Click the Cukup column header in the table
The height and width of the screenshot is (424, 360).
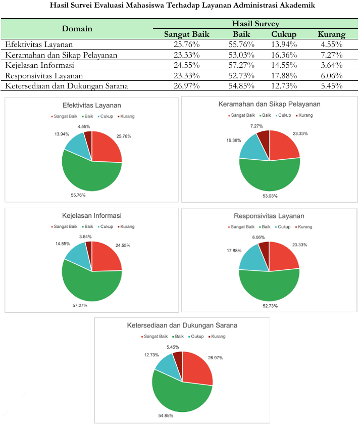(284, 34)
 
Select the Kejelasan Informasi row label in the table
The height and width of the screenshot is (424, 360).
(40, 65)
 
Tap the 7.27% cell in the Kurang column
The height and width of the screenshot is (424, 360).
(331, 55)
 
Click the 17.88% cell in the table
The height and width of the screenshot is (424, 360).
(284, 76)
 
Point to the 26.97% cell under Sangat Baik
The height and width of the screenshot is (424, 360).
(186, 86)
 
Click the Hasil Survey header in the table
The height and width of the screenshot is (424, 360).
(255, 24)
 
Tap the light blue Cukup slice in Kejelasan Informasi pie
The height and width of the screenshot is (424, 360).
(77, 254)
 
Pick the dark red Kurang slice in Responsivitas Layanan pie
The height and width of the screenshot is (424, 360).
(264, 247)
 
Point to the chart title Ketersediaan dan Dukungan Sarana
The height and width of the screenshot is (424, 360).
(182, 325)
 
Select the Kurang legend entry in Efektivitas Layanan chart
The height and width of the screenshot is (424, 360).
(126, 117)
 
